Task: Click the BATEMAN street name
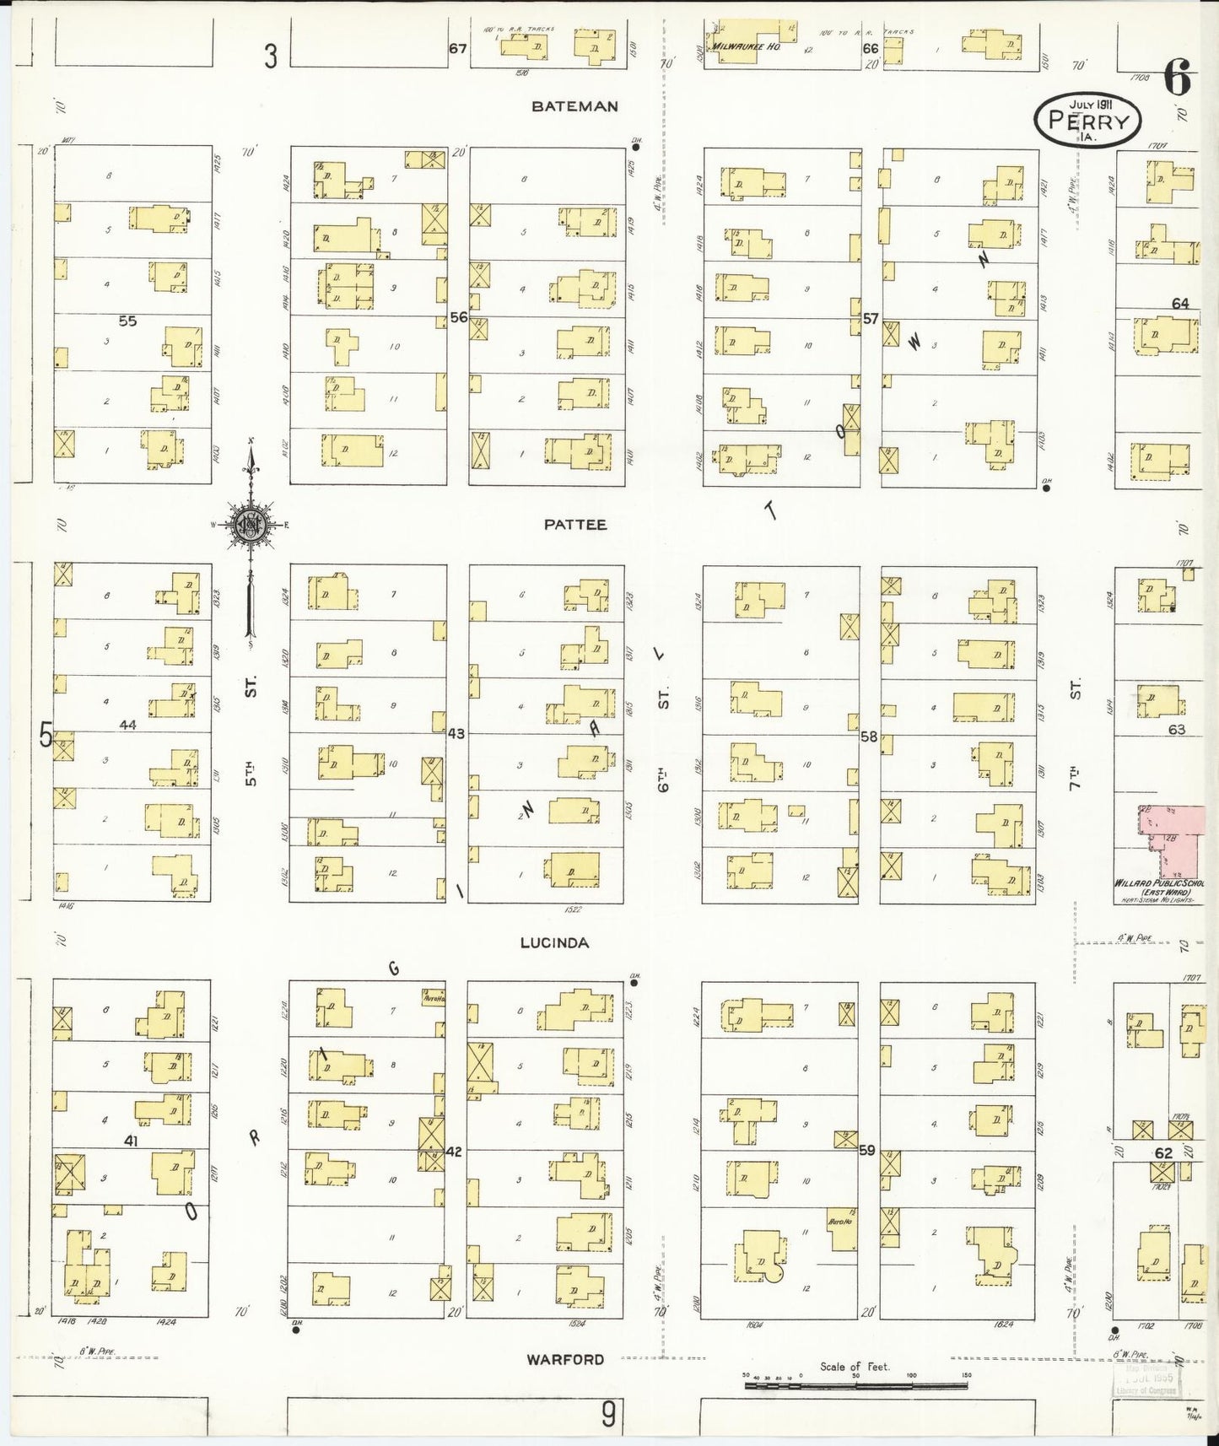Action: point(574,106)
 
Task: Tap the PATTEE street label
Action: point(574,524)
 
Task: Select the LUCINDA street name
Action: point(554,942)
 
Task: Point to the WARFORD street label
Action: point(565,1359)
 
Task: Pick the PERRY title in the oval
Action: point(1087,121)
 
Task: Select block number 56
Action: point(458,318)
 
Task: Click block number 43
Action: point(456,734)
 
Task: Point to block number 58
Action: point(869,736)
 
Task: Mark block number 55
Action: point(127,321)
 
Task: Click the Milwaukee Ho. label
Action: point(747,46)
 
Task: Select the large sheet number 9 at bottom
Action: point(608,1415)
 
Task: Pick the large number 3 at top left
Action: point(270,57)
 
